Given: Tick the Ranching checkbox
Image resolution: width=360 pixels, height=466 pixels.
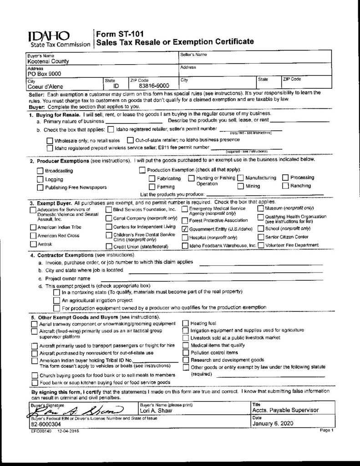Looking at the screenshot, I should [286, 186].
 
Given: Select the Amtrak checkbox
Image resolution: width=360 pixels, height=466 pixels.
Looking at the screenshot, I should [33, 244].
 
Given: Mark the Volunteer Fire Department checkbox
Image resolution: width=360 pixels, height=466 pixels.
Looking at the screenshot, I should [261, 245].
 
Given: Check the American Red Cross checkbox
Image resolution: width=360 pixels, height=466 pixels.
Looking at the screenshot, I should [33, 235].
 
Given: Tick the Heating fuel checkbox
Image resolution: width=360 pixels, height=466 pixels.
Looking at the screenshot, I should [186, 323].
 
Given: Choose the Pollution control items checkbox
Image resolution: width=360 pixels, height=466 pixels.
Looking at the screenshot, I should [186, 352].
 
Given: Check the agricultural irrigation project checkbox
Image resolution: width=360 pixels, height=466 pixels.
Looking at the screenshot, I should [56, 300].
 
